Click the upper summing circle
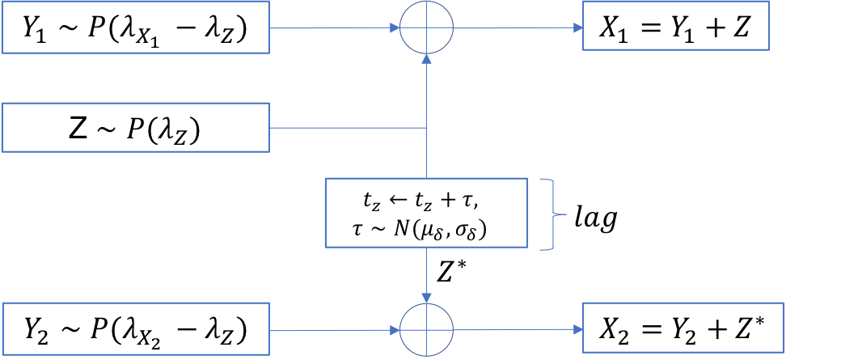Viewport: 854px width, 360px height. [427, 28]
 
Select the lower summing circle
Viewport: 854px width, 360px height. [427, 330]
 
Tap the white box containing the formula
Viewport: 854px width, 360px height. [426, 213]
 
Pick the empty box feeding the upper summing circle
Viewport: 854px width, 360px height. [135, 28]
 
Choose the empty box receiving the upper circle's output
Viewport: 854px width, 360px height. [675, 26]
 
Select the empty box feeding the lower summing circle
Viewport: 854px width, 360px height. [135, 328]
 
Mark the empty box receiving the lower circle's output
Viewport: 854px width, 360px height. [683, 328]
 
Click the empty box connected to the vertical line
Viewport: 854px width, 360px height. [135, 127]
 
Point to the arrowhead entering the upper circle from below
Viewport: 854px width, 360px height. [427, 59]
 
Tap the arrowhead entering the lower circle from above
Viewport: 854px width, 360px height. [427, 299]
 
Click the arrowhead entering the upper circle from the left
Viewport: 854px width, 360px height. [395, 28]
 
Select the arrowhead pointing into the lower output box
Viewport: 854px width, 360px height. [578, 329]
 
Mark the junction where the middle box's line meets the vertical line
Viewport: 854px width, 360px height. [427, 128]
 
